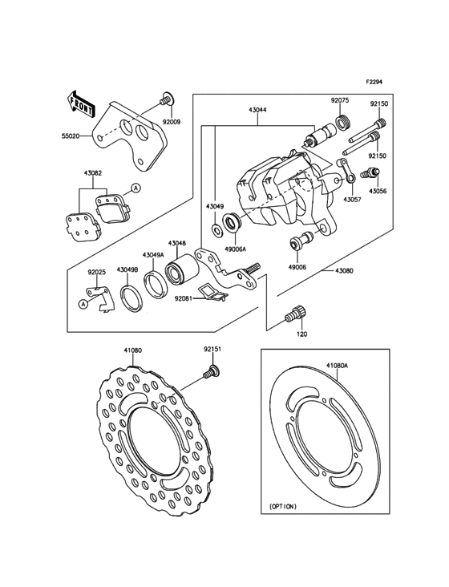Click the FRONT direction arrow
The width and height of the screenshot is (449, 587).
(81, 103)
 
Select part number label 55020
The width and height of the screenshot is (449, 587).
(70, 136)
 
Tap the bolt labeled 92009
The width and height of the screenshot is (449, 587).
(165, 99)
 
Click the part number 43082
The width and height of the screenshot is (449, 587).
(93, 173)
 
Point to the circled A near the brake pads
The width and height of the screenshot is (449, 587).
(136, 188)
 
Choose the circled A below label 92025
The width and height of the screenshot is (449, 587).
(83, 304)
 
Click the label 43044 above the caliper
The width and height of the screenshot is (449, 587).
(257, 110)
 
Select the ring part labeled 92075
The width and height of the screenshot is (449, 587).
(342, 123)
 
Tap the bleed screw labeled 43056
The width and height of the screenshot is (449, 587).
(370, 173)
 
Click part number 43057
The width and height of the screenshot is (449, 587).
(353, 200)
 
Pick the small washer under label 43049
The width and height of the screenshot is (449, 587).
(216, 230)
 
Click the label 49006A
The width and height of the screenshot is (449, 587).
(236, 249)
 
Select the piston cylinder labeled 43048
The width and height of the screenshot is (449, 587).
(179, 270)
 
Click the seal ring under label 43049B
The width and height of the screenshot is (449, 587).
(131, 298)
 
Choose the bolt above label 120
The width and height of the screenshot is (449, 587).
(295, 314)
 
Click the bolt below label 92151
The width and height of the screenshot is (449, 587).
(212, 372)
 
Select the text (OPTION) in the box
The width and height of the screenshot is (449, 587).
(283, 506)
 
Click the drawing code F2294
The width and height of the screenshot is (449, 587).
(374, 81)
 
